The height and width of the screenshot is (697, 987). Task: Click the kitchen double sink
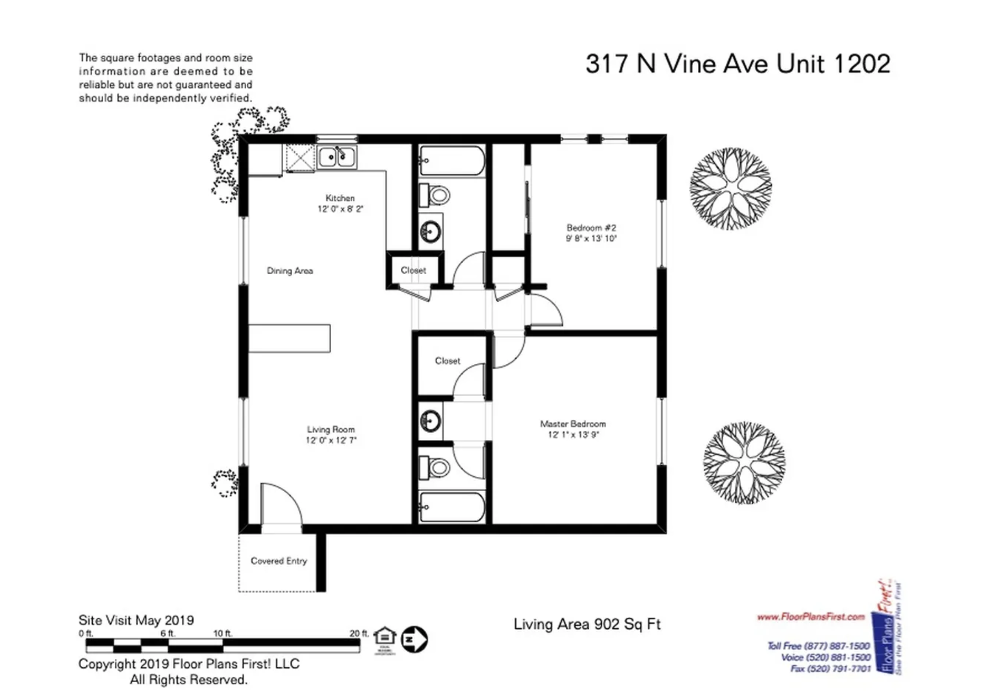tap(337, 157)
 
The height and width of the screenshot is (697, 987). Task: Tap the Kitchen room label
tap(340, 198)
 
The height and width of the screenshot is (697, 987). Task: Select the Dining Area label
tap(290, 271)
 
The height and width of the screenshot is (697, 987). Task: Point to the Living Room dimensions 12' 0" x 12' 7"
tap(331, 440)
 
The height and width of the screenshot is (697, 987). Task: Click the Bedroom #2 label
tap(591, 228)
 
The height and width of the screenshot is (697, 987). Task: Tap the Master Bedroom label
tap(573, 424)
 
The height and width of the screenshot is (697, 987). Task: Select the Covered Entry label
tap(279, 561)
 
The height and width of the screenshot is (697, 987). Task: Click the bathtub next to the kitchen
tap(452, 161)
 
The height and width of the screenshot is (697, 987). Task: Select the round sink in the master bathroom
tap(430, 421)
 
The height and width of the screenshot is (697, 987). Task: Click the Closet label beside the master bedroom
tap(447, 361)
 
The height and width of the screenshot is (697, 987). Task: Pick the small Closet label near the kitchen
tap(413, 270)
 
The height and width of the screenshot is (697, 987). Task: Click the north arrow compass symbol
tap(414, 639)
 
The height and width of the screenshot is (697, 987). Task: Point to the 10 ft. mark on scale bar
tap(223, 634)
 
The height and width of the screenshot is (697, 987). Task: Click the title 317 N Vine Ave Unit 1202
tap(738, 64)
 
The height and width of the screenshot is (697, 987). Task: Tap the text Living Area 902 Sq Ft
tap(587, 624)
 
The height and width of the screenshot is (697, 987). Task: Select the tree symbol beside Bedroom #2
tap(731, 188)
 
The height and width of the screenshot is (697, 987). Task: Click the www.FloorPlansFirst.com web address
tap(811, 617)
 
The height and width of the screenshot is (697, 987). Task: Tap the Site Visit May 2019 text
tap(136, 620)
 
